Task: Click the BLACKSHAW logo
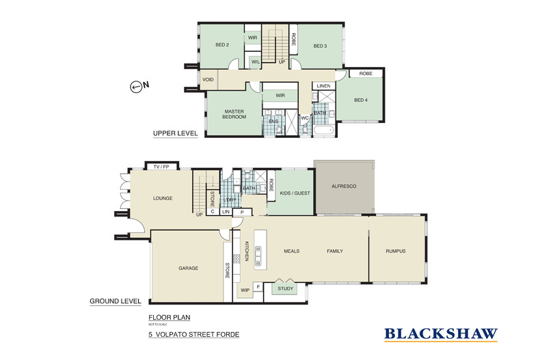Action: [x=440, y=334]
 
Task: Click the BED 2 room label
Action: [x=221, y=46]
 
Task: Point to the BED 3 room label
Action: [x=320, y=46]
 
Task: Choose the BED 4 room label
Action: [x=360, y=100]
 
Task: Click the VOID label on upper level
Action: [x=208, y=80]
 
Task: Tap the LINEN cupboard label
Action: [x=324, y=85]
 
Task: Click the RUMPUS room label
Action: [x=395, y=251]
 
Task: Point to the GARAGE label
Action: [x=188, y=268]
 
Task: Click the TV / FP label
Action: [x=161, y=166]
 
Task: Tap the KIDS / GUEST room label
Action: [x=295, y=193]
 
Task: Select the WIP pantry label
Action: [x=244, y=290]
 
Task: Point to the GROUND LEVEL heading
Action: [x=116, y=301]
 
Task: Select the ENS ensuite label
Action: [x=273, y=120]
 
